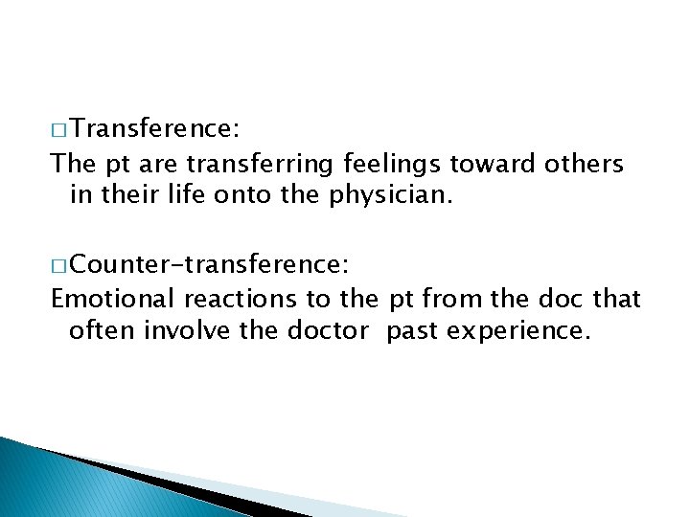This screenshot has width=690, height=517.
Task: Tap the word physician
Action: (x=380, y=196)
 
